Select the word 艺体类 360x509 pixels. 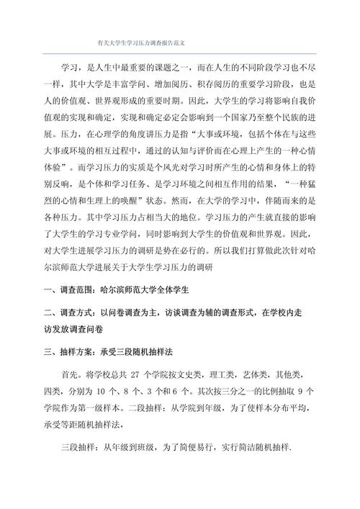click(x=275, y=377)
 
